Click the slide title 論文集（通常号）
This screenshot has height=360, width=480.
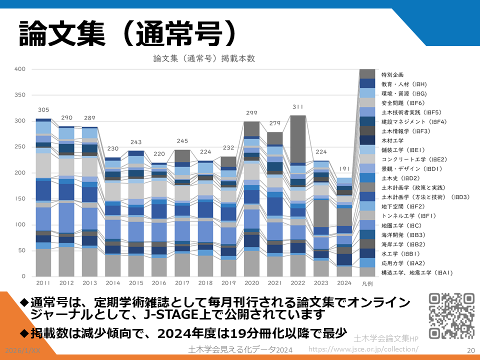[x=127, y=34]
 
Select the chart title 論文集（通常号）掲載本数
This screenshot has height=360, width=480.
[x=204, y=58]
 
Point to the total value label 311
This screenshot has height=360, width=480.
[x=298, y=107]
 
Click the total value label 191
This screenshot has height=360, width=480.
[x=344, y=169]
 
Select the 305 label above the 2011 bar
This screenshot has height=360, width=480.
[x=43, y=110]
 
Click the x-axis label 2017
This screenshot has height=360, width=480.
[x=182, y=283]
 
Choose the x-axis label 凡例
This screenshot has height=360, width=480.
[x=367, y=283]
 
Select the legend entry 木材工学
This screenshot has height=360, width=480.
[x=392, y=140]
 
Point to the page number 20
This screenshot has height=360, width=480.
[x=470, y=350]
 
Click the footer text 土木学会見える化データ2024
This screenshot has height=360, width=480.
[x=240, y=349]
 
